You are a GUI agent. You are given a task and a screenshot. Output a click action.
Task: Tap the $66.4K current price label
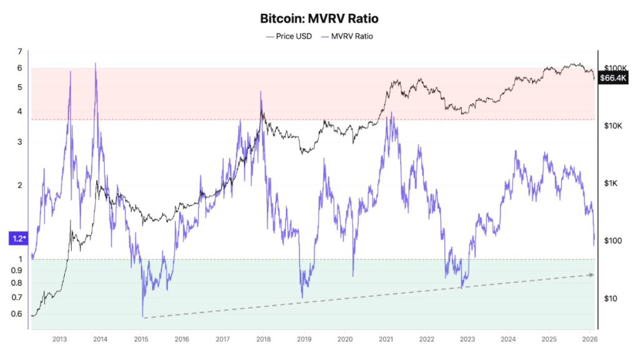click(613, 78)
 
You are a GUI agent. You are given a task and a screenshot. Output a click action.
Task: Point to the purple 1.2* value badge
click(17, 238)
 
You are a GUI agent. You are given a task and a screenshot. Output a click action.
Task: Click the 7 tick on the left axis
click(20, 51)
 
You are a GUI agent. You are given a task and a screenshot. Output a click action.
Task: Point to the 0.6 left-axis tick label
click(17, 314)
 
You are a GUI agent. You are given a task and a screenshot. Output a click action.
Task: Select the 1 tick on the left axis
click(20, 259)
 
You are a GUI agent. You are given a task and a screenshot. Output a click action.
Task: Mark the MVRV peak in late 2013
click(95, 63)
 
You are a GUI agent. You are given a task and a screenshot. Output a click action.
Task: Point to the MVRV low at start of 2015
click(142, 316)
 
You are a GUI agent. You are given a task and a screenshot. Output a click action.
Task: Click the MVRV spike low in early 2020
click(353, 275)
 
